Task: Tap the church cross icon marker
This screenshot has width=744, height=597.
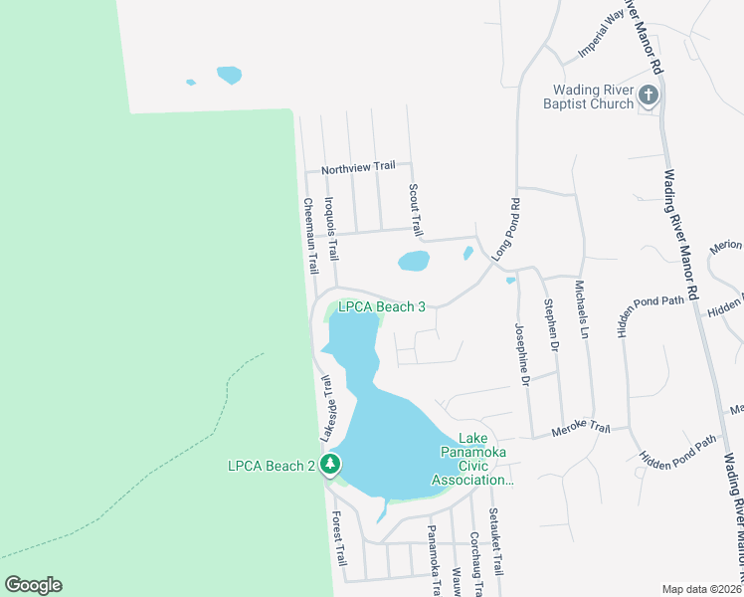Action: [649, 96]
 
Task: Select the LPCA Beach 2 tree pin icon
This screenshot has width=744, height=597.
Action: [331, 465]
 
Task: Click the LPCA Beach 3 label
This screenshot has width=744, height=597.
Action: [382, 307]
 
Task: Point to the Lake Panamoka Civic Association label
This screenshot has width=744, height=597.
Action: [472, 460]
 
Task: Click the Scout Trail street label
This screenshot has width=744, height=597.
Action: [416, 208]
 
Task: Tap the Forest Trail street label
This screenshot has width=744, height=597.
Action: [337, 536]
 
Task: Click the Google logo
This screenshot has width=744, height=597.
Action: [33, 585]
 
